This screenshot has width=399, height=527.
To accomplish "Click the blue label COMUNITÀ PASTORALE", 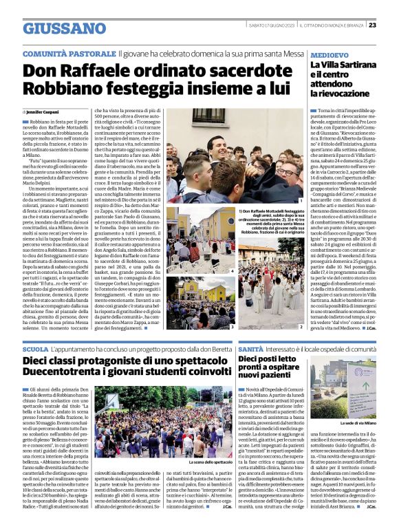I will (68, 53).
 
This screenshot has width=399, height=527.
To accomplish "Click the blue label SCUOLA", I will (36, 349).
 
